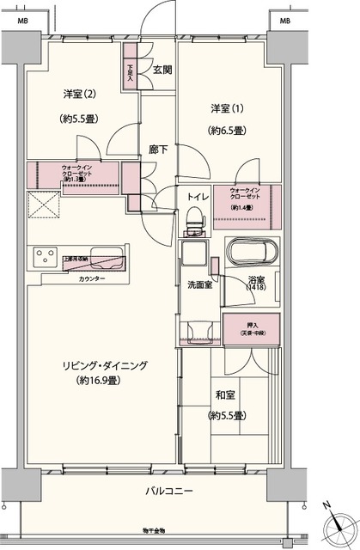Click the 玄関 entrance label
(x=162, y=70)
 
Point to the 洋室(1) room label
(x=227, y=108)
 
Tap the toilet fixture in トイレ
(x=195, y=223)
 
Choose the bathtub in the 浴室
(x=253, y=253)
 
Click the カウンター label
(x=92, y=280)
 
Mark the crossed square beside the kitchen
(x=42, y=205)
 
